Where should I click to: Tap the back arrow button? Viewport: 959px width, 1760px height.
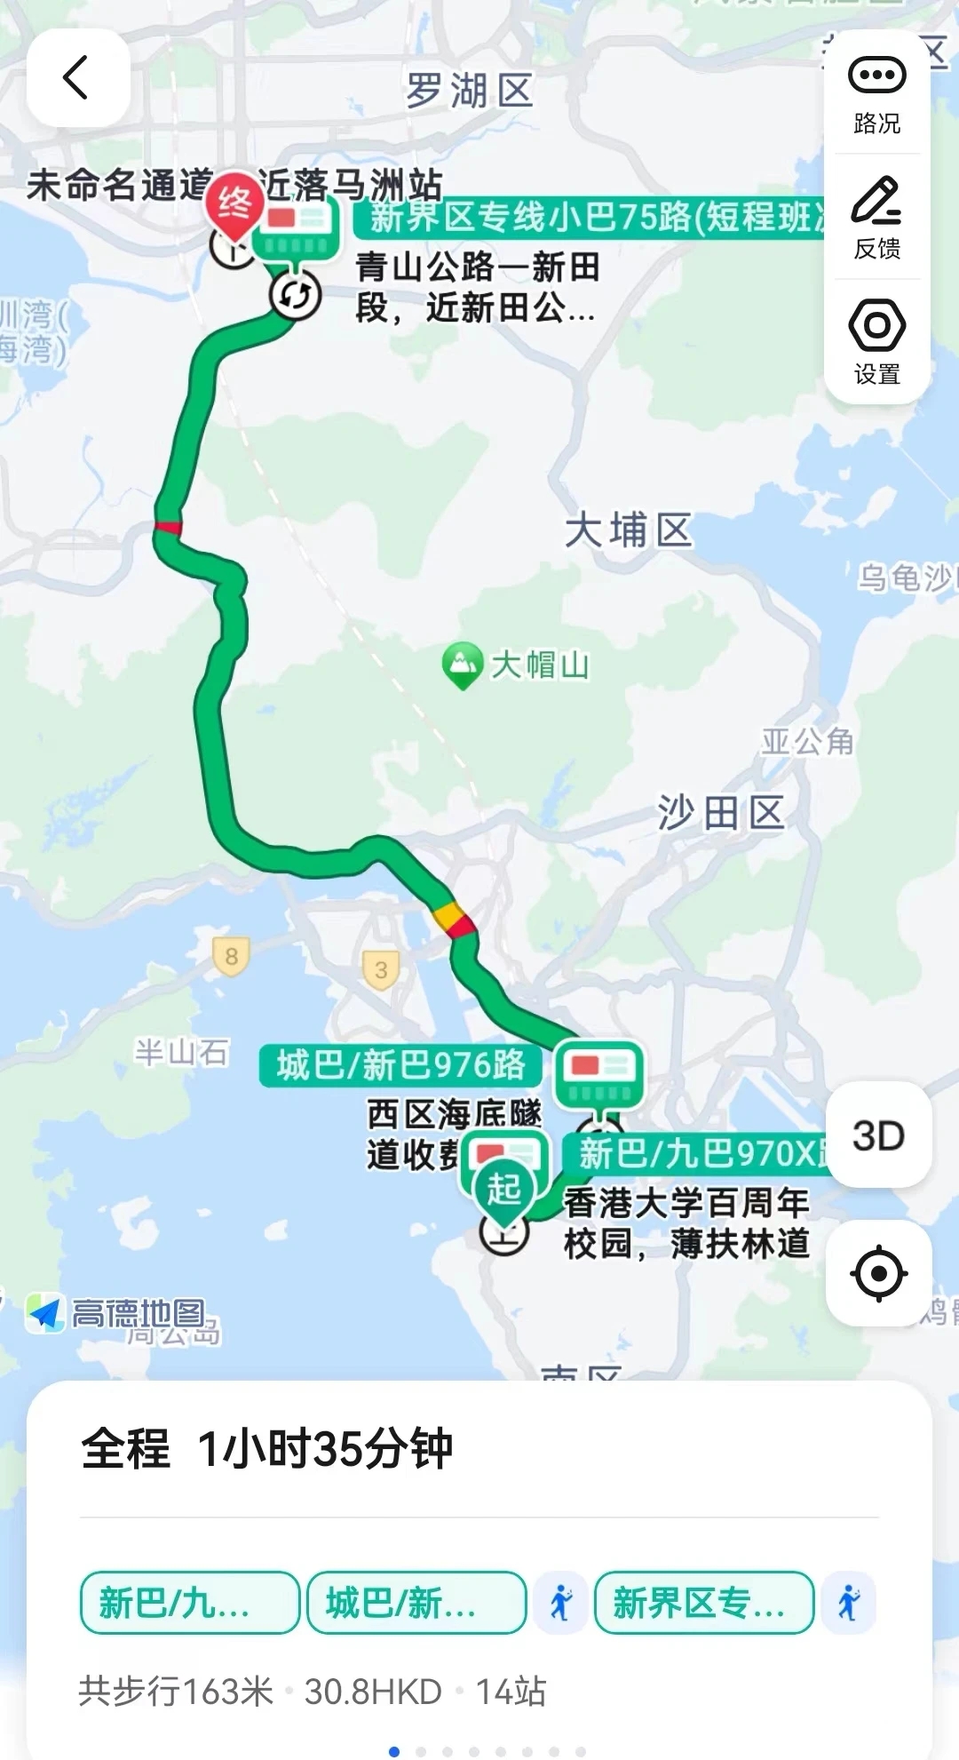tap(78, 77)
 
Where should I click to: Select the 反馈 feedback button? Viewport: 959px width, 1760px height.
tap(877, 218)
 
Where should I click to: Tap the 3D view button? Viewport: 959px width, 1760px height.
tap(878, 1135)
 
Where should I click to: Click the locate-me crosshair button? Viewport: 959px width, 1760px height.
tap(878, 1273)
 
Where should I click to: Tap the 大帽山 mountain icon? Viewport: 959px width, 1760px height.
tap(462, 663)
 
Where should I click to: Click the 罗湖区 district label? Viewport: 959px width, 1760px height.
tap(470, 92)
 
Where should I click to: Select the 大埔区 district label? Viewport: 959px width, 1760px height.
tap(629, 530)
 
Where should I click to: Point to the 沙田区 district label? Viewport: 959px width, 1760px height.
tap(721, 813)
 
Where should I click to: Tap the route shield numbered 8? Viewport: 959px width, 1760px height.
tap(231, 957)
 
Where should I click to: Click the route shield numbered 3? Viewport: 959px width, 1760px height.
tap(381, 970)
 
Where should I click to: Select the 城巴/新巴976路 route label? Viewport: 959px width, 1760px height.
tap(400, 1065)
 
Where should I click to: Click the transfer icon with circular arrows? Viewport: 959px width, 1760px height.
tap(295, 295)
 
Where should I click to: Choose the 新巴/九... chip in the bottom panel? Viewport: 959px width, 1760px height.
tap(189, 1603)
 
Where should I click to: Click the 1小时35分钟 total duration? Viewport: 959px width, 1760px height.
tap(325, 1449)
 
